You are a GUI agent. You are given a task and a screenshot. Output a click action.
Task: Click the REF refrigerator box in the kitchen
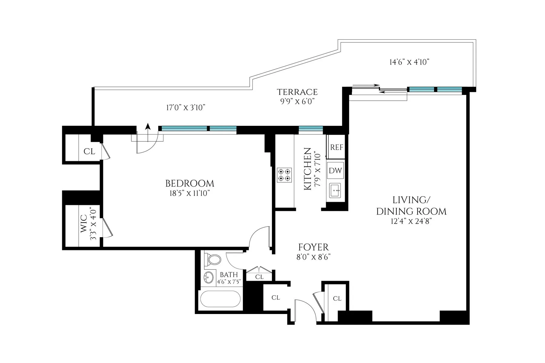point(336,147)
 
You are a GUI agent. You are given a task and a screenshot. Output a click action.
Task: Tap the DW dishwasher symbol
point(335,171)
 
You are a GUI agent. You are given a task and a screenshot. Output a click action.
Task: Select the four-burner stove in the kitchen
point(284,175)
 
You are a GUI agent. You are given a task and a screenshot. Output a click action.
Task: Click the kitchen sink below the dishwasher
point(335,190)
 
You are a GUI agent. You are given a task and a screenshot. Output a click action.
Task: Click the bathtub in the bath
point(220,299)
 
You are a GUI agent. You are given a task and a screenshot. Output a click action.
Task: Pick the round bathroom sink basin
point(208,277)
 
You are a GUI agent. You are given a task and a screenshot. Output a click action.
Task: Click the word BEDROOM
point(190,184)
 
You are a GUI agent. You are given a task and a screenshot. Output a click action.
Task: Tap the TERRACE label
point(297,92)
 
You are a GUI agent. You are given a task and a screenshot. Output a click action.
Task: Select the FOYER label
point(313,247)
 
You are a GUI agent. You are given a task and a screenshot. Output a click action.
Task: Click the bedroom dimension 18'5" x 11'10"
point(190,194)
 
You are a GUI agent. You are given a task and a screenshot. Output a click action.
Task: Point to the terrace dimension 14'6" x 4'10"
point(409,62)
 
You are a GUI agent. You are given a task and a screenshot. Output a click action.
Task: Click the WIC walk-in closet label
point(84,224)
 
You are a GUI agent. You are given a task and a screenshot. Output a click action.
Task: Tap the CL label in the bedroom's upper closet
point(89,151)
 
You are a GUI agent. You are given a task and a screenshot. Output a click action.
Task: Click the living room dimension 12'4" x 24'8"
point(411,221)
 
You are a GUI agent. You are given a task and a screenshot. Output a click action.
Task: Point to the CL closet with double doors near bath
point(259,276)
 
